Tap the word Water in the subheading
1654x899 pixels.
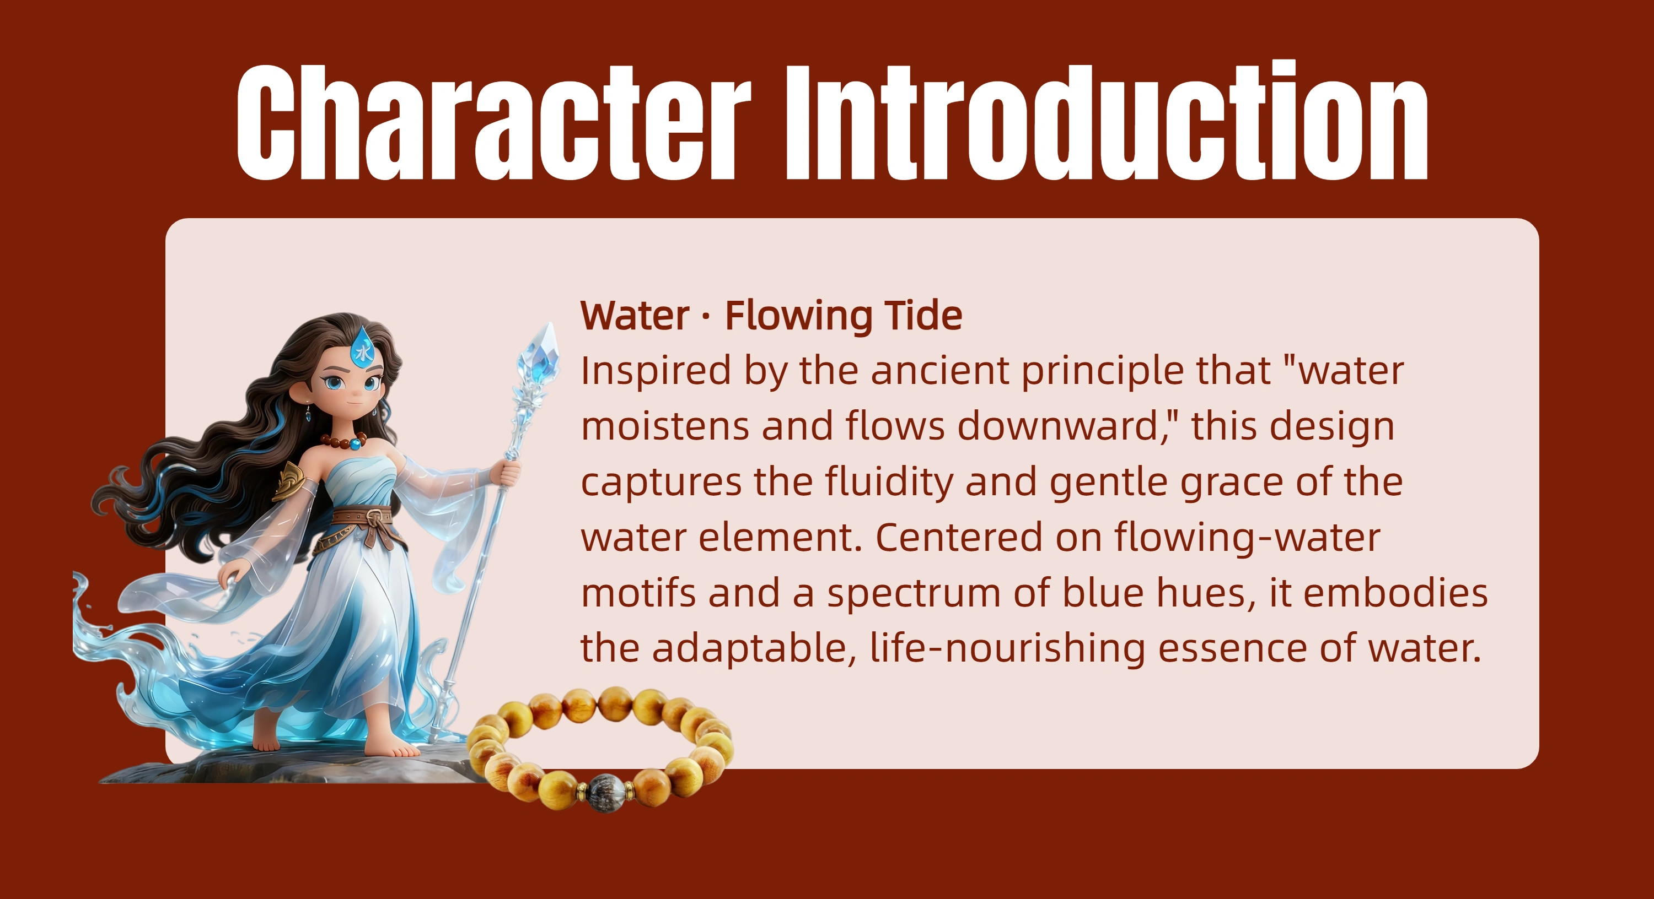point(635,316)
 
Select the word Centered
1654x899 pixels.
point(959,537)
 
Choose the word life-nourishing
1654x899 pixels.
point(1007,648)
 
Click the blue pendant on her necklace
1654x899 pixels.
point(354,443)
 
